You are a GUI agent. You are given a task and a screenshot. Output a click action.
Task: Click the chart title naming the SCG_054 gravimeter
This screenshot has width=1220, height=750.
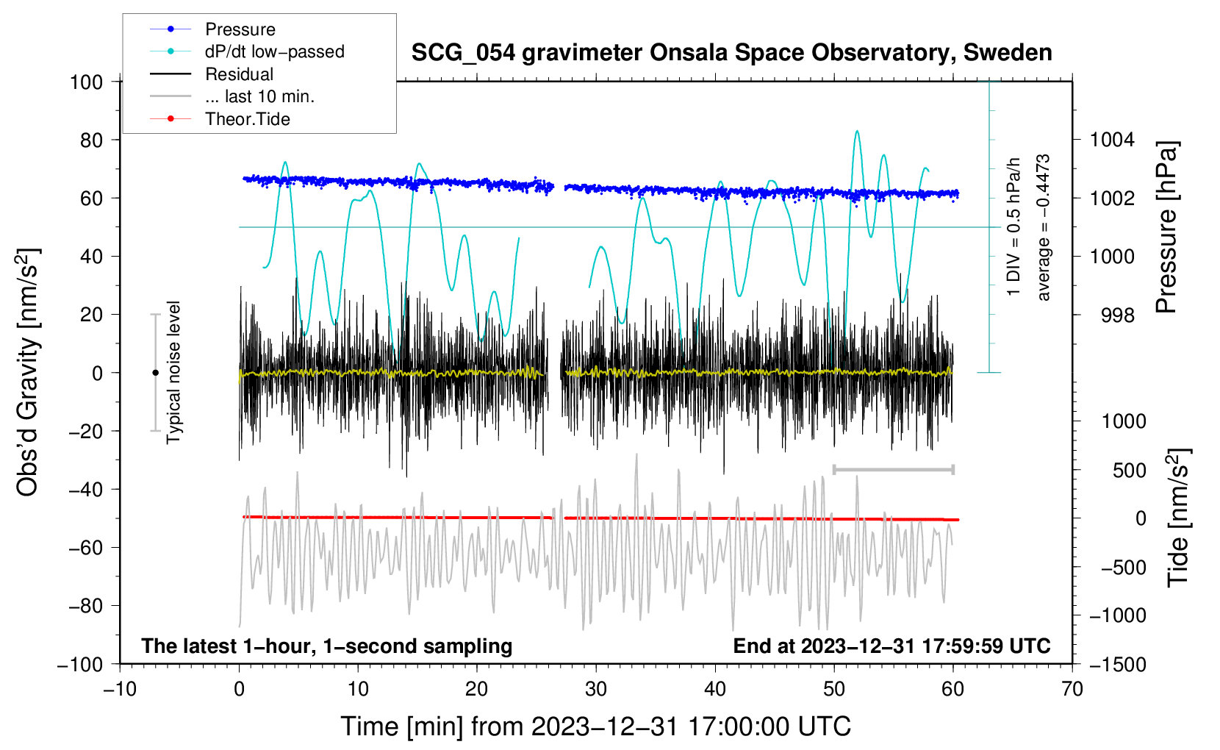(731, 53)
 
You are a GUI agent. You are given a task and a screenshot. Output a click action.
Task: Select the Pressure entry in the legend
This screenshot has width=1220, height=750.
(240, 29)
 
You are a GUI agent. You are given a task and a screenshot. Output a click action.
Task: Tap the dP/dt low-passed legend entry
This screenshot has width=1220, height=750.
(274, 51)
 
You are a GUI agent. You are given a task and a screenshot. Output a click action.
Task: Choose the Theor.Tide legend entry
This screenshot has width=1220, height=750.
(248, 119)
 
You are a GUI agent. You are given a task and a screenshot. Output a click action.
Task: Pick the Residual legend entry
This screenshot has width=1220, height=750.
(239, 74)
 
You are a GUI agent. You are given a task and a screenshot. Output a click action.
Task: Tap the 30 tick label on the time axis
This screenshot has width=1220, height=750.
(596, 689)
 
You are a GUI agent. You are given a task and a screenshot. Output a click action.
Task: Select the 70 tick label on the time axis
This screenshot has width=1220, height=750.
(1072, 689)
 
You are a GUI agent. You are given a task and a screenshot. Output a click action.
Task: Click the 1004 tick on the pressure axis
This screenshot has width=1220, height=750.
(1112, 140)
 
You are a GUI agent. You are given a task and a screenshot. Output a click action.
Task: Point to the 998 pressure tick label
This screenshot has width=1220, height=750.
(1117, 315)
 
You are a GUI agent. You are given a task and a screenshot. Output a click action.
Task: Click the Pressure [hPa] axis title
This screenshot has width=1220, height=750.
(1166, 228)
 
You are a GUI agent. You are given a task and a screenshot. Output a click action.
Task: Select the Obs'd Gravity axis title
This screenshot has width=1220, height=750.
(28, 372)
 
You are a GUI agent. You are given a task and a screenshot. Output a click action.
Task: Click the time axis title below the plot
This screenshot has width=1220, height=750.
(595, 726)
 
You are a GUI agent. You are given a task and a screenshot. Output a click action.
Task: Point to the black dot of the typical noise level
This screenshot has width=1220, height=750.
(155, 373)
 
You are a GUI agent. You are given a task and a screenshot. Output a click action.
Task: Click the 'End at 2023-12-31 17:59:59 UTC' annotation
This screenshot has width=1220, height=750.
(891, 646)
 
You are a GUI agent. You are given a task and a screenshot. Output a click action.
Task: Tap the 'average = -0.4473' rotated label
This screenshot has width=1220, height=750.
(1044, 228)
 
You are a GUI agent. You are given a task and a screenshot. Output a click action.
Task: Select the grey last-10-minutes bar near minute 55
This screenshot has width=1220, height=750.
(893, 469)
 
